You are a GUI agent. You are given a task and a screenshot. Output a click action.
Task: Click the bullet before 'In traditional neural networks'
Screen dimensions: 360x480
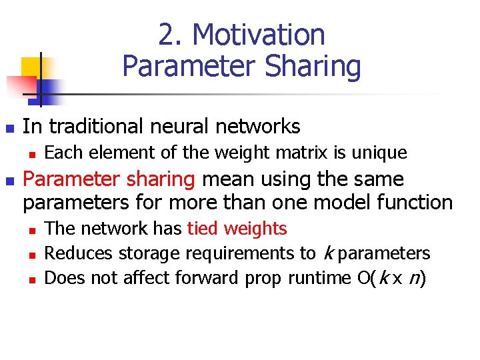tap(9, 127)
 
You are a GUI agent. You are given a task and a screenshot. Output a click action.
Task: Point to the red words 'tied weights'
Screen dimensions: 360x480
tap(237, 229)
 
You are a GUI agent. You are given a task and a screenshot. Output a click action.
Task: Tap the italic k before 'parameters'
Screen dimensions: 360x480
tap(328, 253)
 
